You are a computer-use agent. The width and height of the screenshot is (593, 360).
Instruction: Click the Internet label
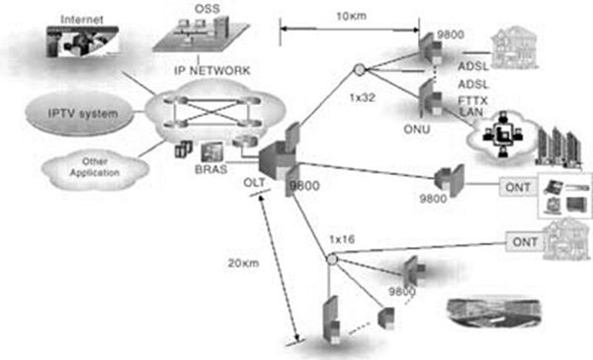click(81, 19)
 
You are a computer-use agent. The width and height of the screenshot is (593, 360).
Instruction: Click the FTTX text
click(470, 101)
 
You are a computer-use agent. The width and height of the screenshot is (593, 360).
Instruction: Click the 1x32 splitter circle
click(358, 70)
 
